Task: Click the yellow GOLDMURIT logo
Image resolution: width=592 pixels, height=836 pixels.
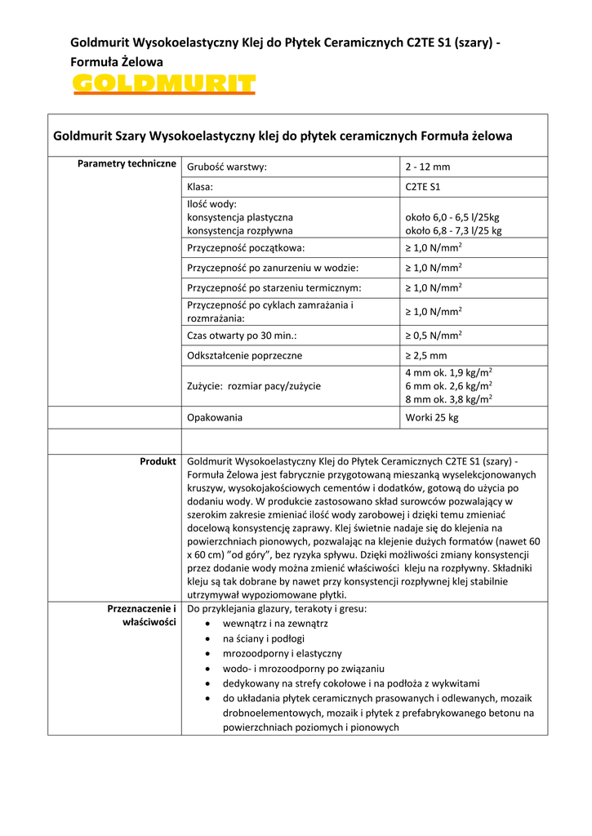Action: [163, 83]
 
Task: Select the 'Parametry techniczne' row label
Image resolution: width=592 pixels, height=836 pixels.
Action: [127, 164]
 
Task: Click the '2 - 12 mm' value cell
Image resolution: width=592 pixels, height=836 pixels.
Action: [428, 167]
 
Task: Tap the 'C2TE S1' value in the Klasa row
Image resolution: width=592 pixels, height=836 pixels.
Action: [423, 187]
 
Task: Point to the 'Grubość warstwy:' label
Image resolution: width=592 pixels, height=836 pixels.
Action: [227, 167]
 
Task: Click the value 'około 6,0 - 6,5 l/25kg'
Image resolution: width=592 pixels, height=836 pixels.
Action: [452, 218]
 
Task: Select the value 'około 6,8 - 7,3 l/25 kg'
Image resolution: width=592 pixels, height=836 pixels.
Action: [454, 231]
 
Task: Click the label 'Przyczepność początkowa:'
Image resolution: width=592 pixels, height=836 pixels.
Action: [246, 247]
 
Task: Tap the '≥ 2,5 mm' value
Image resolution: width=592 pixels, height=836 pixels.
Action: [426, 356]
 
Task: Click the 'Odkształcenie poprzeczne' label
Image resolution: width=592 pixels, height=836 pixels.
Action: [245, 356]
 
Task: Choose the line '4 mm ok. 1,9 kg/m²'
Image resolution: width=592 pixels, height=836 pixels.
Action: [448, 373]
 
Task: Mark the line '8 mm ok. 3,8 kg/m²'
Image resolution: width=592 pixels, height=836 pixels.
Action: [448, 399]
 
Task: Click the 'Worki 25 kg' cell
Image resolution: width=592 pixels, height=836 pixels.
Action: [432, 417]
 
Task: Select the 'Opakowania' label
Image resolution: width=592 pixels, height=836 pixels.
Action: [215, 417]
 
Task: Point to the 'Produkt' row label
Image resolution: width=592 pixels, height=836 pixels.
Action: [158, 461]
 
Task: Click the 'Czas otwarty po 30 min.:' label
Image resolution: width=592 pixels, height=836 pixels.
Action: [242, 336]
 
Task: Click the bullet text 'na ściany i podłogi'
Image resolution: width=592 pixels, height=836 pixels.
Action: [264, 639]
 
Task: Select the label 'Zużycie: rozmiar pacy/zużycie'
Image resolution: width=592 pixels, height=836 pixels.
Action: [254, 386]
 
